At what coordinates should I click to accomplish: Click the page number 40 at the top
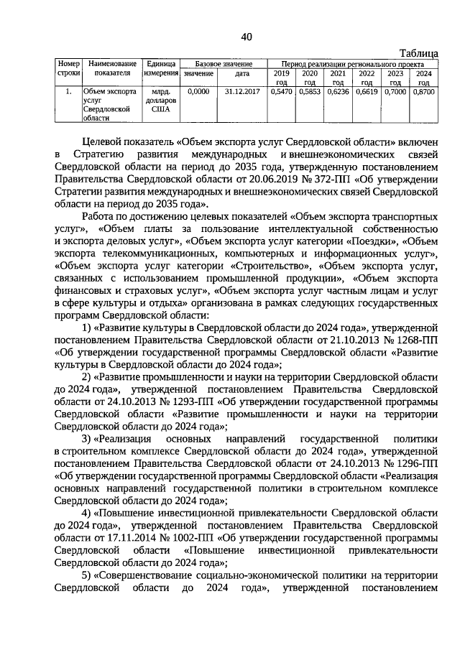pyautogui.click(x=247, y=37)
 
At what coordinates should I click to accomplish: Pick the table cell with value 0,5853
pyautogui.click(x=308, y=93)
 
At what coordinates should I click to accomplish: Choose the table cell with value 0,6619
pyautogui.click(x=366, y=93)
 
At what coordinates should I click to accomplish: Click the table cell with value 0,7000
pyautogui.click(x=395, y=93)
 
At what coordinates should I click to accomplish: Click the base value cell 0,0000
pyautogui.click(x=198, y=93)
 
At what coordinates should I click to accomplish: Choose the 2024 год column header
pyautogui.click(x=423, y=78)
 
